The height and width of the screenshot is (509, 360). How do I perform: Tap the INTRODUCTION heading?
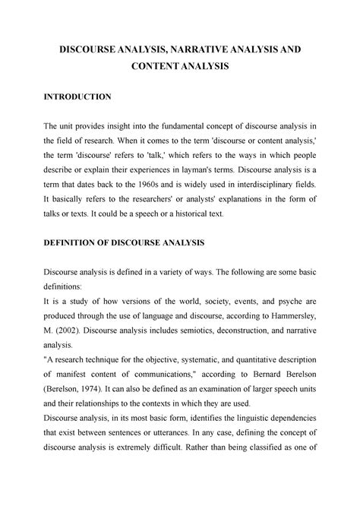(x=78, y=98)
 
